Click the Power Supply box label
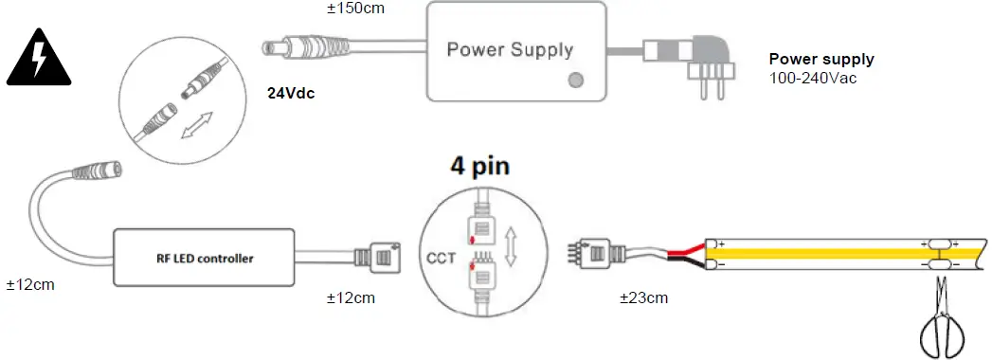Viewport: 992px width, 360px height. tap(510, 49)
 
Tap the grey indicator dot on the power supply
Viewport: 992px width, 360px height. tap(575, 81)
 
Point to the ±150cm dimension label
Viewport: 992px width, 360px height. tap(356, 9)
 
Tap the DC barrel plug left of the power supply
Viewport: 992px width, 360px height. tap(290, 45)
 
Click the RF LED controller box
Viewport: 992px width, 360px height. tap(203, 257)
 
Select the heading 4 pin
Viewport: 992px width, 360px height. tap(478, 168)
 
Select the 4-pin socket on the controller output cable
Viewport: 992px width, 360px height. tap(375, 257)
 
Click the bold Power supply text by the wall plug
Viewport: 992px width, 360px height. tap(821, 60)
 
